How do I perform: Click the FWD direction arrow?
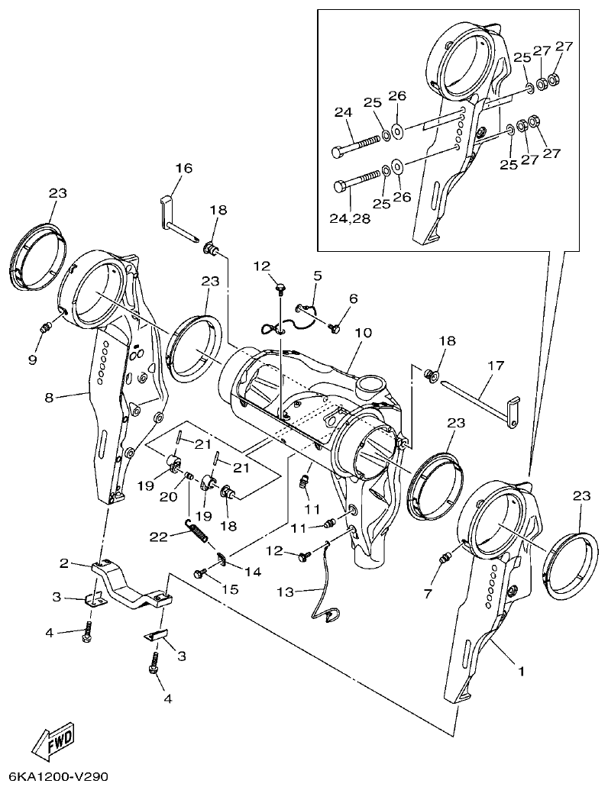[x=53, y=740]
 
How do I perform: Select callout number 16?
[x=183, y=169]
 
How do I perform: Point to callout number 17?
[x=496, y=366]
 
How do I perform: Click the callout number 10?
[x=362, y=334]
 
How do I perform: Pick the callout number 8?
[x=49, y=398]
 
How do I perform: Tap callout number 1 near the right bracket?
[x=522, y=672]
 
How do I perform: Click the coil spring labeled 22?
[x=197, y=527]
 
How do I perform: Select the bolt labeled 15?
[x=202, y=572]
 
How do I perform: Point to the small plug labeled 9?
[x=46, y=328]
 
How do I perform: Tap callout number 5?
[x=316, y=276]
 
